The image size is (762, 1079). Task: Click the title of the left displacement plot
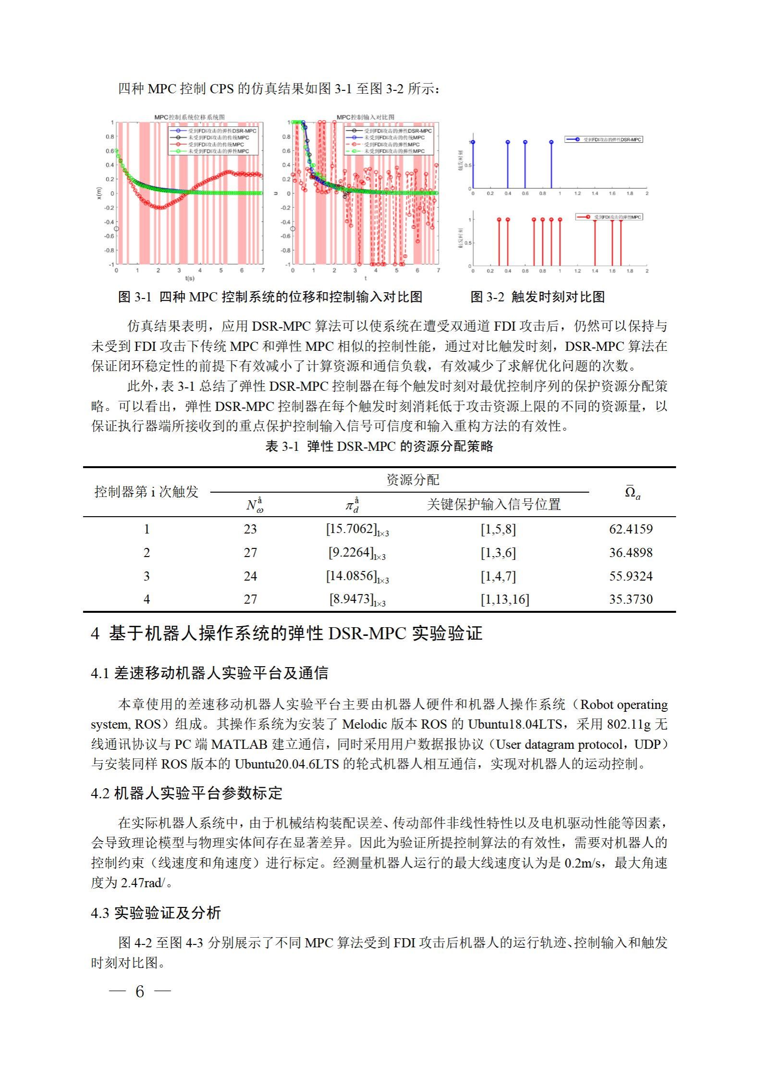coord(189,117)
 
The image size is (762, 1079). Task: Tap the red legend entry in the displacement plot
coord(216,144)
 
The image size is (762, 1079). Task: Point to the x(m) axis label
coord(99,193)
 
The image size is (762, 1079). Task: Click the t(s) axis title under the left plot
coord(189,278)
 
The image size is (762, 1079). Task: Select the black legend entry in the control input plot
coord(389,131)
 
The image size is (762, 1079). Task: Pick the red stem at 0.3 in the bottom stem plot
coord(499,243)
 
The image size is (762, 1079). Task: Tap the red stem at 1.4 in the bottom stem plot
coord(595,243)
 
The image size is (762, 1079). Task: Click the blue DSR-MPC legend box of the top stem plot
coord(603,139)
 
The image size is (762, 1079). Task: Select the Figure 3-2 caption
coord(537,297)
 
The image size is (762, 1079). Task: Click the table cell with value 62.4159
coord(630,529)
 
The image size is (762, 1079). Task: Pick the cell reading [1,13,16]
coord(504,599)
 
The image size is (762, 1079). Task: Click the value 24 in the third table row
coord(250,576)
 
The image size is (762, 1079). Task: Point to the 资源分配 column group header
coord(413,480)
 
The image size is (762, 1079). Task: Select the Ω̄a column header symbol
coord(632,492)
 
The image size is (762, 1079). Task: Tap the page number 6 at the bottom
coord(140,991)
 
